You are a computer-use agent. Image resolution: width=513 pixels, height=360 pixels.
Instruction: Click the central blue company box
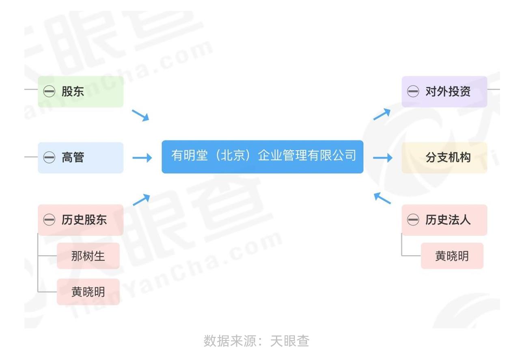click(263, 157)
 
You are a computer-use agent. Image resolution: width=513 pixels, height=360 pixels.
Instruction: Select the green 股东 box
click(81, 92)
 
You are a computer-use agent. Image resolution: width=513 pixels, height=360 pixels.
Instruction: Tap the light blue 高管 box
click(81, 157)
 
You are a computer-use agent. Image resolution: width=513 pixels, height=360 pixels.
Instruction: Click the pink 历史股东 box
click(81, 220)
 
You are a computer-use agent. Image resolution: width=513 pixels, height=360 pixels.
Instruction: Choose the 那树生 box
click(88, 256)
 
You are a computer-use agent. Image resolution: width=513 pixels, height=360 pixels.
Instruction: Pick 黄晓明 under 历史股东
click(88, 292)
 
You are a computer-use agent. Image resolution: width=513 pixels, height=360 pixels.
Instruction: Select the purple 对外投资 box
click(444, 92)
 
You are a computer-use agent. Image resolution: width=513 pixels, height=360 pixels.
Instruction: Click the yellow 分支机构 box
click(444, 157)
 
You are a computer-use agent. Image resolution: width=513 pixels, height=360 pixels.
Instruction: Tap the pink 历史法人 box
click(444, 220)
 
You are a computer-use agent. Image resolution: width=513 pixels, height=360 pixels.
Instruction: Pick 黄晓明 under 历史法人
click(452, 256)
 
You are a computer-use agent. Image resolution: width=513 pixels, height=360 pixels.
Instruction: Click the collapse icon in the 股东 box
click(49, 91)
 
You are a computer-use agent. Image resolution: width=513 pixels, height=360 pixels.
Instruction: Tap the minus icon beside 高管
click(49, 157)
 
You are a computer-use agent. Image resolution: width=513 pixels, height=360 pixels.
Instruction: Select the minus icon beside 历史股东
click(49, 220)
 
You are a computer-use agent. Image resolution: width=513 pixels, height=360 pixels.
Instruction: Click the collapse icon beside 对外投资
click(413, 91)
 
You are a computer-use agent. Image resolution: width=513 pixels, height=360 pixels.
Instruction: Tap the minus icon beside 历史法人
click(413, 220)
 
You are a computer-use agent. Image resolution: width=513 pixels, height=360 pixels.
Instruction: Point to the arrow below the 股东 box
click(140, 115)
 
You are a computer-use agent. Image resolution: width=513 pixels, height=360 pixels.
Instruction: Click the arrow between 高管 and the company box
click(142, 157)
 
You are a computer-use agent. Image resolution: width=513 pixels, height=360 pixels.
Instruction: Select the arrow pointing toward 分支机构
click(383, 157)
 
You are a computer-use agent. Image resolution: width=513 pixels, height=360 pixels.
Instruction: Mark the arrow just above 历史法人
click(382, 198)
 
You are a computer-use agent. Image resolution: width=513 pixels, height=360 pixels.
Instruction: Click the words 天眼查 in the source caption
click(290, 341)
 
